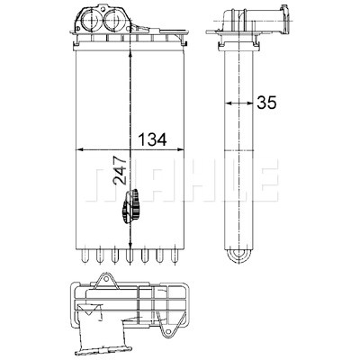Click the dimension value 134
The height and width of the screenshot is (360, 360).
point(152,139)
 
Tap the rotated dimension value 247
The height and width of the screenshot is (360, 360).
point(120,170)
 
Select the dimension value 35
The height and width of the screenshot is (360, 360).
point(266,103)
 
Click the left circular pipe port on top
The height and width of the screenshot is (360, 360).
point(90,21)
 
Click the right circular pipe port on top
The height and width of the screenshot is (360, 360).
point(113,21)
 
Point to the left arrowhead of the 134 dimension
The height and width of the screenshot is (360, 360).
point(80,149)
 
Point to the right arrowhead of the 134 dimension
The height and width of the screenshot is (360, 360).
point(179,149)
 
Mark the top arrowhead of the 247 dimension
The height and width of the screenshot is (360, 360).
point(130,54)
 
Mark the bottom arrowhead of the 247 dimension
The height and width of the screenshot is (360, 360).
point(130,244)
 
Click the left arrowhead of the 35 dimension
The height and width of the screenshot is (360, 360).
point(229,103)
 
